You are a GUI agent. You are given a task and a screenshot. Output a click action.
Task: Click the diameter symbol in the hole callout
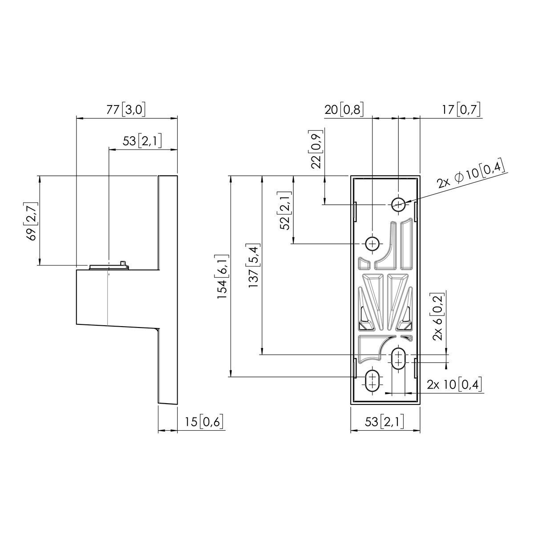click(459, 177)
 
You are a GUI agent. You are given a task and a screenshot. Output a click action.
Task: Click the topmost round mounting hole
click(398, 204)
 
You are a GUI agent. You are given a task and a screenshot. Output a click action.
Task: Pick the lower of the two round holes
click(372, 243)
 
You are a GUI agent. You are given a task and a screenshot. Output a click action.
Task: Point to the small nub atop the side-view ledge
click(123, 264)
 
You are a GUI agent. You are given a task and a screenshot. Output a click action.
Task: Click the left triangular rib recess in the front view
click(373, 291)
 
